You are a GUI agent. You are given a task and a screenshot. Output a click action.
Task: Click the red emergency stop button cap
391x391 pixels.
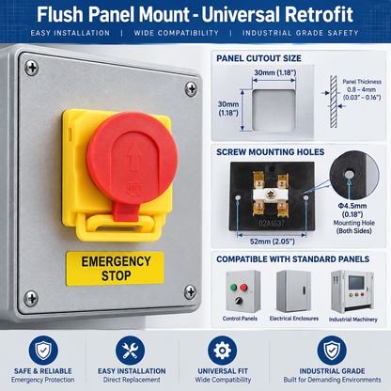pos(132,158)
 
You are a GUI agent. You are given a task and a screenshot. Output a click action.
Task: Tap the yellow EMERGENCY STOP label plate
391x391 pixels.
pos(115,269)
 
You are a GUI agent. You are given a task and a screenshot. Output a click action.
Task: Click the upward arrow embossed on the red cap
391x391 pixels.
pos(134,156)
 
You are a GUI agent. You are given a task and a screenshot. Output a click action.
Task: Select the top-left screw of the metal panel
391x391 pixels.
pos(32,68)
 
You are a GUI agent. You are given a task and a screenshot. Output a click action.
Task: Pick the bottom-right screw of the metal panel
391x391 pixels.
pos(190,292)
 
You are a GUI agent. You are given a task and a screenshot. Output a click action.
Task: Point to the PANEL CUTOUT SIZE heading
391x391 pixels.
pos(258,58)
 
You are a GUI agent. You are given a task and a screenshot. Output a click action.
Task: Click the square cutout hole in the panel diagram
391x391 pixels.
pos(274,110)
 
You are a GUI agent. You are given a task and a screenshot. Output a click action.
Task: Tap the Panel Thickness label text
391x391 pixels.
pos(362,82)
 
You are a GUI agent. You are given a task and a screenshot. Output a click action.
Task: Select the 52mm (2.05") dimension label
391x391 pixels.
pos(273,242)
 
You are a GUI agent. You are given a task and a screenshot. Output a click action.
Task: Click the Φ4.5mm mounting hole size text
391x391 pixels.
pos(352,206)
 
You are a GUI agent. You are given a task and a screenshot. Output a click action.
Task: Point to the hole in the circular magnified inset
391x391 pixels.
pos(349,174)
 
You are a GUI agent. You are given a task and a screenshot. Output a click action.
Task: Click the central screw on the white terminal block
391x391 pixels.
pos(270,195)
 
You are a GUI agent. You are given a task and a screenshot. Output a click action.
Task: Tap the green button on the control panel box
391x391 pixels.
pos(234,287)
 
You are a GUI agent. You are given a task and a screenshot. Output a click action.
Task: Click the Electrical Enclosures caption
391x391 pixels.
pos(294,319)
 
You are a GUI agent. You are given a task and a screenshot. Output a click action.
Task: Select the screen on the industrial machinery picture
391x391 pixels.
pos(356,282)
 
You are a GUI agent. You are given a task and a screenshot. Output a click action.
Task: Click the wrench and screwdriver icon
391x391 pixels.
pos(130,351)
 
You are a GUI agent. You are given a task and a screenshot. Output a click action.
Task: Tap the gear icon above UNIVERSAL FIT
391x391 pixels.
pos(222,351)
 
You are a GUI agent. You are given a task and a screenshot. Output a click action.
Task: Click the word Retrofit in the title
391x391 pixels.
pos(319,14)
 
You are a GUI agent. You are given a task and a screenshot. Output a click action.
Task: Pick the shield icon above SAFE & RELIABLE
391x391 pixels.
pos(43,351)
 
